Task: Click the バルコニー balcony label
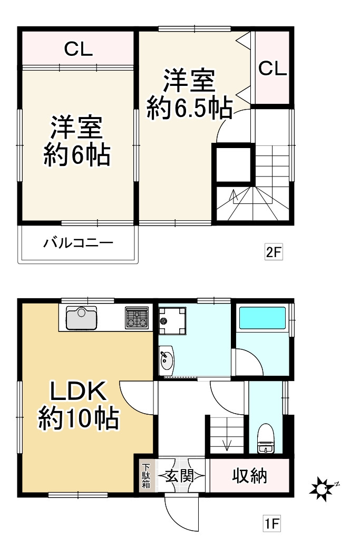tap(78, 243)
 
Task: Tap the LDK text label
tap(79, 392)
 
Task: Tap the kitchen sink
tap(81, 317)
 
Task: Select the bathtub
tap(262, 318)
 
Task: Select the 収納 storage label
tap(250, 476)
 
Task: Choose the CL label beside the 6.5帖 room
tap(273, 68)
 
